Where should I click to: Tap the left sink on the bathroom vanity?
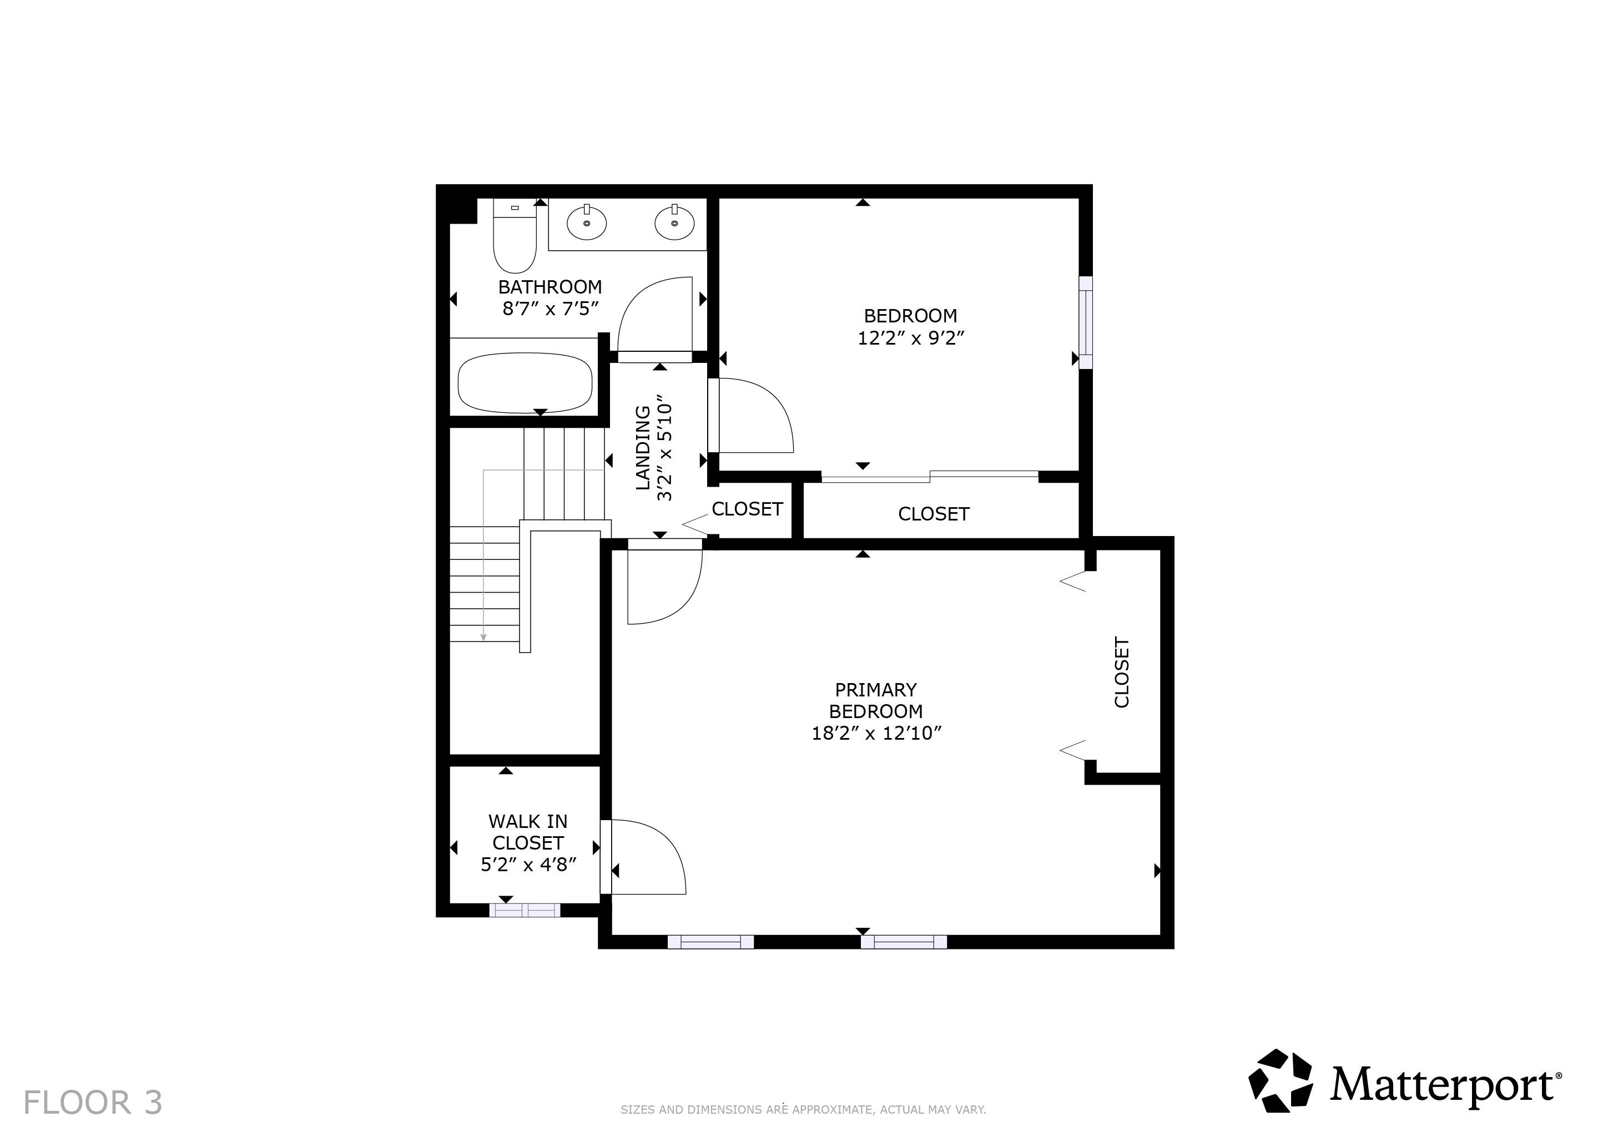586,223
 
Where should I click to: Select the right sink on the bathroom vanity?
674,223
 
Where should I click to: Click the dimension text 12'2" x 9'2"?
910,338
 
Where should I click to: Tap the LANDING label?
643,448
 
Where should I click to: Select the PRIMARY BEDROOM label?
875,700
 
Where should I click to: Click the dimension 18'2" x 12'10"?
875,734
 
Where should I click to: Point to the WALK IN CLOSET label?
527,832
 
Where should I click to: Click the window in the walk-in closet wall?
525,910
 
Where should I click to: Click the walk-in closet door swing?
648,858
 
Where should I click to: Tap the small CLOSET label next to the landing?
747,509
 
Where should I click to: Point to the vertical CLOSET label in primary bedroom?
1121,672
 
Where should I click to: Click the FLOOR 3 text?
93,1103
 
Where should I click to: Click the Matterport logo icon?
1281,1081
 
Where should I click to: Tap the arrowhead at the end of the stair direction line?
483,636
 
